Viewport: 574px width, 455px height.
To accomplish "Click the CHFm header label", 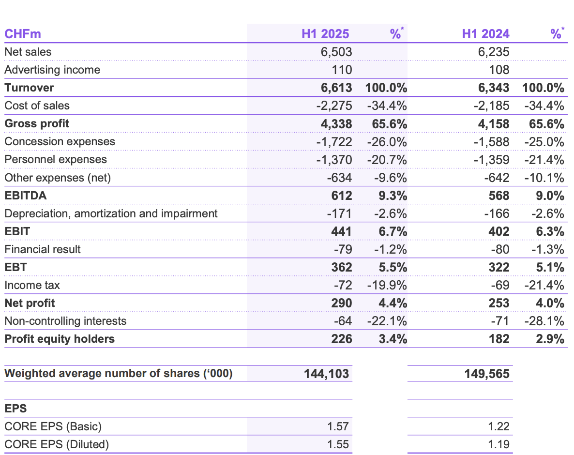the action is pos(23,34).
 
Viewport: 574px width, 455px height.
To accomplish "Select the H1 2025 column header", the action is pos(325,34).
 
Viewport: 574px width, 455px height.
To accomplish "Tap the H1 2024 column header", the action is pos(485,34).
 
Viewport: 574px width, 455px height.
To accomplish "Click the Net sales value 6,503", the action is pos(336,52).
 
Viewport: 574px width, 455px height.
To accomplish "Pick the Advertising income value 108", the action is pos(499,70).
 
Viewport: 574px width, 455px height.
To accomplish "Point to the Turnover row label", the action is pos(29,88).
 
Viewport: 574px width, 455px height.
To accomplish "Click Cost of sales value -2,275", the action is pos(334,106).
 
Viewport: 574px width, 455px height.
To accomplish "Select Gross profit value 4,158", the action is pos(494,124).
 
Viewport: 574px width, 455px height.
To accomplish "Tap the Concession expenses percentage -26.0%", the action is pos(387,142).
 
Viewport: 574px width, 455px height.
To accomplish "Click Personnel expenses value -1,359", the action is pos(491,160).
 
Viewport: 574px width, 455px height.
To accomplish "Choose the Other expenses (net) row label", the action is pos(58,178).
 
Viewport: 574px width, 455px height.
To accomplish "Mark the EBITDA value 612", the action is pos(342,196).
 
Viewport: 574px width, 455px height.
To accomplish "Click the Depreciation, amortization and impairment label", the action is pos(111,213).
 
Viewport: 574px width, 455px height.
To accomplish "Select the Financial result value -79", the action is pos(343,249).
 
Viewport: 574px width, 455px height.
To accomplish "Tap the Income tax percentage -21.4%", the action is pos(544,285).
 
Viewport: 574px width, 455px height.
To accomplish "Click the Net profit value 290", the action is pos(342,303).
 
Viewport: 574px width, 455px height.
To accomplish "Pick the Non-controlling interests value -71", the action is pos(500,321).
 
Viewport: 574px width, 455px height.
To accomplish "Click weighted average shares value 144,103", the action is pos(327,374).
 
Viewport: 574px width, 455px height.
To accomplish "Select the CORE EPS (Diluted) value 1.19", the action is pos(498,444).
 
